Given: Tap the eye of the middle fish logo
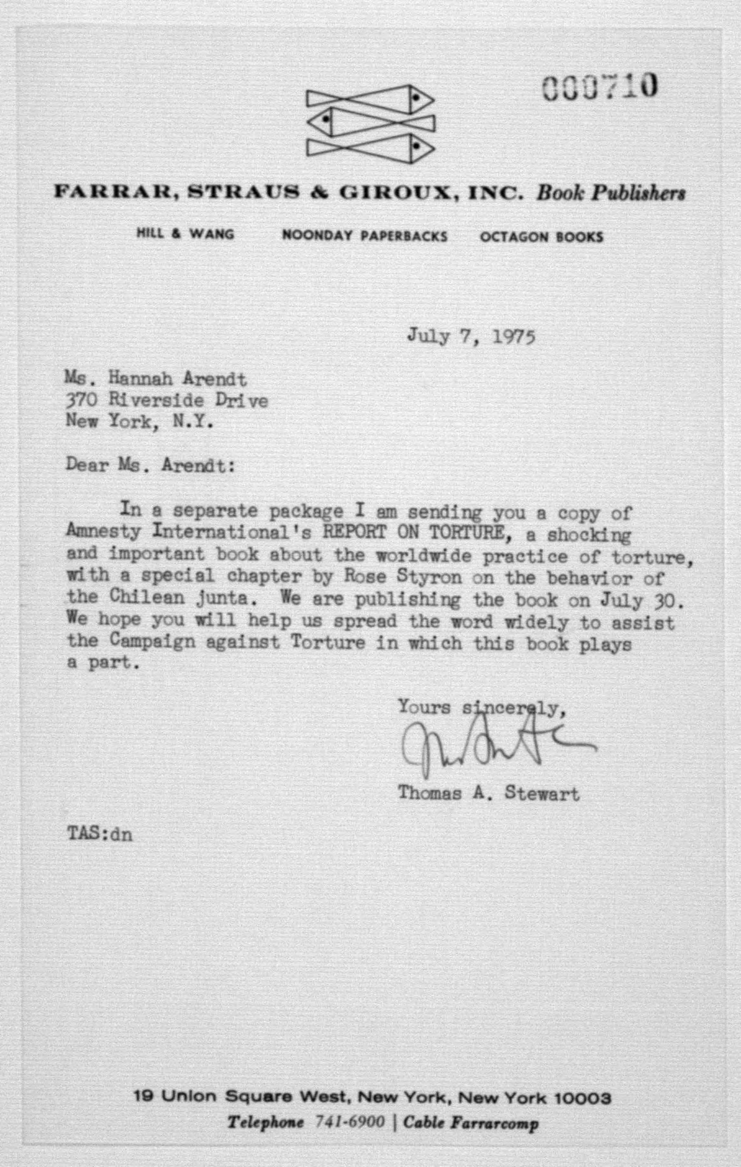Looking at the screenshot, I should coord(326,118).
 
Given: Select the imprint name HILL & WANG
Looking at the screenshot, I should coord(185,235).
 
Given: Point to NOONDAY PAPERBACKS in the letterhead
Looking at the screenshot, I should coord(364,236).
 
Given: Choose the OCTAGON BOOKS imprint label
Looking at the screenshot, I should coord(541,237).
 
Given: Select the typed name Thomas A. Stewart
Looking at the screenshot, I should coord(488,793).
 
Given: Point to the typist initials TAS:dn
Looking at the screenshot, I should coord(99,835).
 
